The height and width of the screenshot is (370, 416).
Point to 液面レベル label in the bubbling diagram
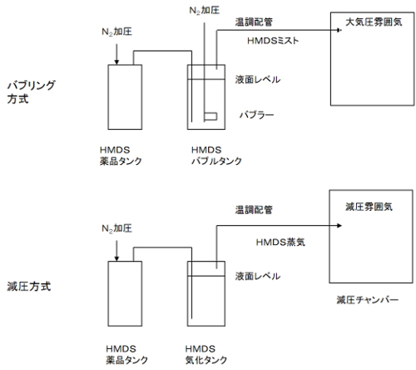(258, 80)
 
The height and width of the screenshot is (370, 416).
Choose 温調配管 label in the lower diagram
(255, 210)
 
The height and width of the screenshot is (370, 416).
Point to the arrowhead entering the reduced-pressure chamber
(320, 224)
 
